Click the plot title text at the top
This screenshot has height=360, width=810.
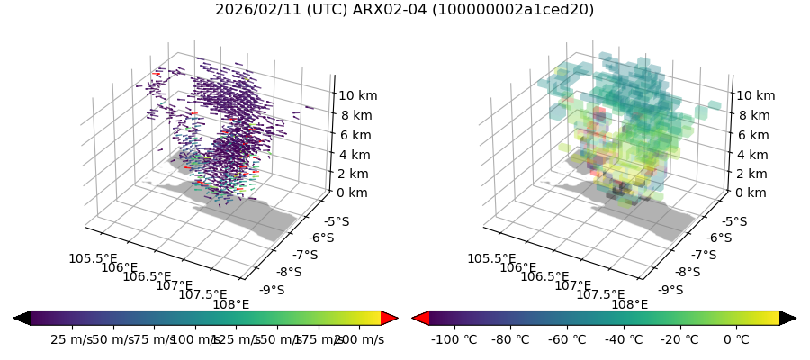click(x=404, y=10)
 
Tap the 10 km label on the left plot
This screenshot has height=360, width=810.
click(x=357, y=95)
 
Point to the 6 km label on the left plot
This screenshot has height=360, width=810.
click(x=354, y=135)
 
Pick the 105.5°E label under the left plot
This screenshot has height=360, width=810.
click(x=93, y=259)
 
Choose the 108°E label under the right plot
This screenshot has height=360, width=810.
click(x=629, y=304)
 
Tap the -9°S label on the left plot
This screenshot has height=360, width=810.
click(x=271, y=290)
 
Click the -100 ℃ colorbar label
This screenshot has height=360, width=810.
click(x=454, y=339)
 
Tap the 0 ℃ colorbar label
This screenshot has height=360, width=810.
click(x=736, y=339)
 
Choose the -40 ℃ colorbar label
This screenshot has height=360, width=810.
click(x=624, y=339)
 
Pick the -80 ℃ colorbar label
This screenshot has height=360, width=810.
click(x=510, y=339)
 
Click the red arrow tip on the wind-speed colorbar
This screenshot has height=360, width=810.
click(x=390, y=318)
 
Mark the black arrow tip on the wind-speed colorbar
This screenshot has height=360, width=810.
click(x=22, y=318)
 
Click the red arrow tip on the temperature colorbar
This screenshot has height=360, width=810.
click(x=420, y=318)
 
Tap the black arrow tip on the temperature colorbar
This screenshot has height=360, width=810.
click(x=788, y=318)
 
